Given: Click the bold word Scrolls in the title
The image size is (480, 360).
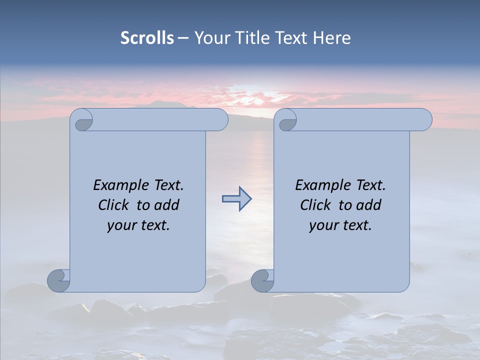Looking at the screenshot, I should pyautogui.click(x=147, y=38).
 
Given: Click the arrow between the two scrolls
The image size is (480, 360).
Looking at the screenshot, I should pyautogui.click(x=236, y=199).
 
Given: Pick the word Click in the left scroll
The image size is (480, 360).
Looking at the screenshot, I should pyautogui.click(x=109, y=205).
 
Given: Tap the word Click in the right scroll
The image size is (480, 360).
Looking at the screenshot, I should pyautogui.click(x=311, y=205).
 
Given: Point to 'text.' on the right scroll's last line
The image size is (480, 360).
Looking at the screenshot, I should pyautogui.click(x=354, y=225).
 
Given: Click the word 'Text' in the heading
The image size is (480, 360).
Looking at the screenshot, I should pyautogui.click(x=291, y=38).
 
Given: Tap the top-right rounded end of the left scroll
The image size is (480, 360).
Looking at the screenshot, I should pyautogui.click(x=220, y=120).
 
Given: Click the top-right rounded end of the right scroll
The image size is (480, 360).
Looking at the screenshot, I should pyautogui.click(x=424, y=120).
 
